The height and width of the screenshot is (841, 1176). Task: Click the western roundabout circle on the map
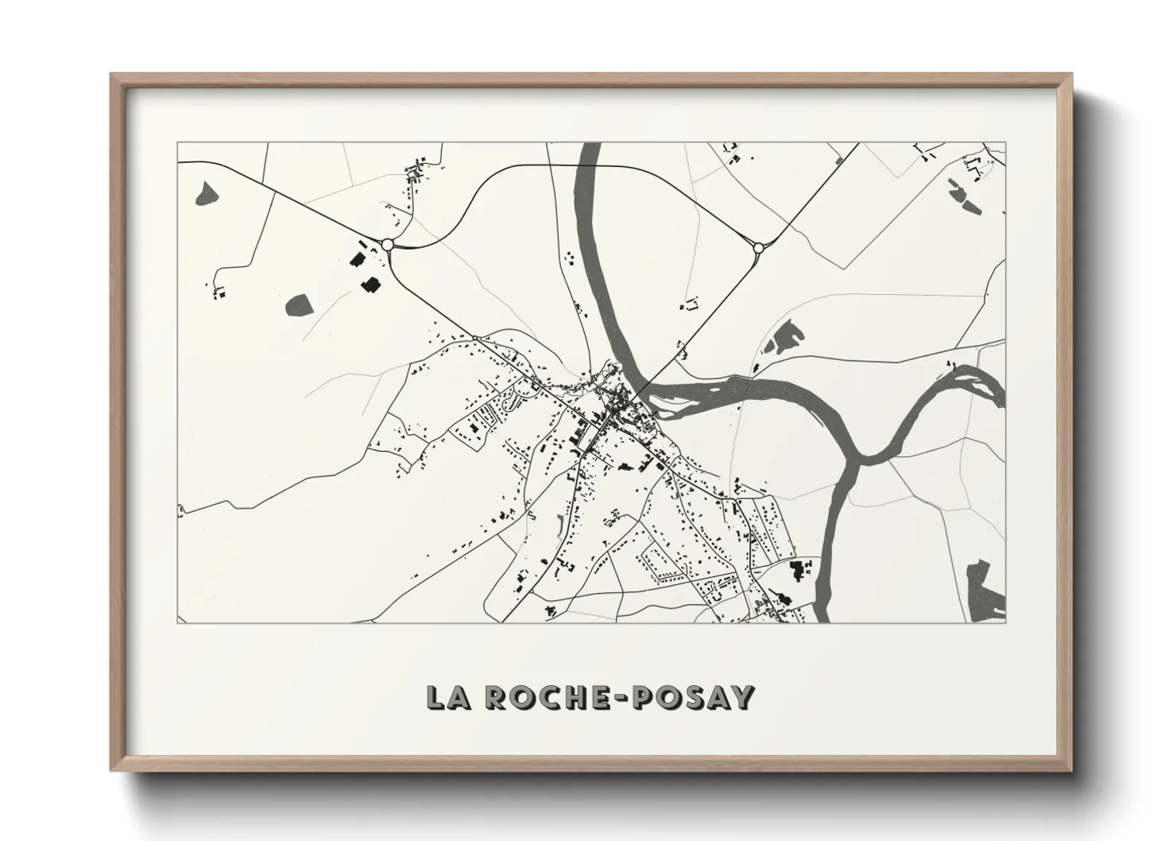388,245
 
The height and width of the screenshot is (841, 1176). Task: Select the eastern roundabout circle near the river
758,248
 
